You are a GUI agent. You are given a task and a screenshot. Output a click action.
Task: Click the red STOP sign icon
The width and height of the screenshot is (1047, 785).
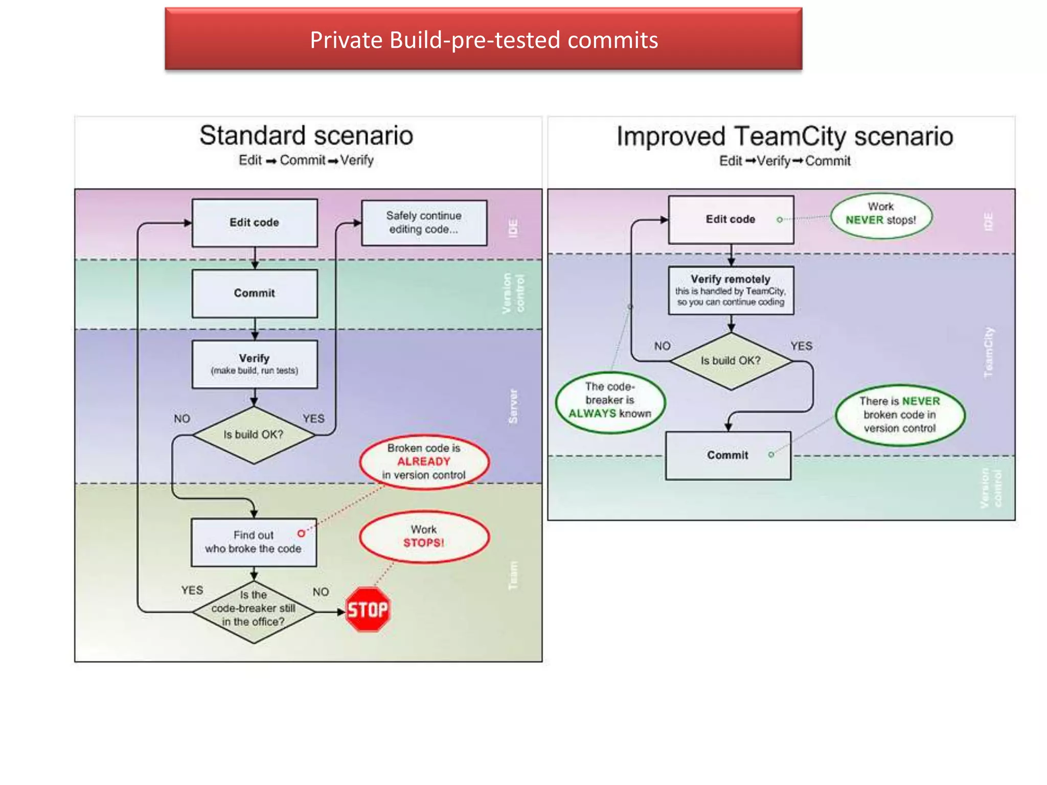pos(368,609)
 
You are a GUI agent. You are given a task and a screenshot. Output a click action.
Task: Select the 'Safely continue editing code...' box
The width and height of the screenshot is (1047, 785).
pos(424,223)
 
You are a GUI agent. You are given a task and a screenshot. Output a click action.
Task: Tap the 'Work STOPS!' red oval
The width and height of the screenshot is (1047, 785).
pos(424,537)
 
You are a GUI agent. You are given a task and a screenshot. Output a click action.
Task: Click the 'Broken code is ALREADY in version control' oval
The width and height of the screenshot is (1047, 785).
pos(424,461)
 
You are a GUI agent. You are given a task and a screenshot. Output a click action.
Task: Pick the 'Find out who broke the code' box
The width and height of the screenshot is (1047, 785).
pos(254,542)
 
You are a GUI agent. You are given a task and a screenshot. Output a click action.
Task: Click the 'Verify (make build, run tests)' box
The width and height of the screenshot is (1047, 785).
pos(255,364)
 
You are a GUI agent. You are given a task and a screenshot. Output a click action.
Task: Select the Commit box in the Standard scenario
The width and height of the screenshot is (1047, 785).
pos(255,293)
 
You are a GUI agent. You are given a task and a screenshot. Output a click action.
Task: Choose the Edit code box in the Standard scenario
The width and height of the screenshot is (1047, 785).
pos(255,223)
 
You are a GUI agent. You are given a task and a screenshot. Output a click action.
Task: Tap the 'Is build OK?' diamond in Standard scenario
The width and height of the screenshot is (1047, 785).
pos(254,435)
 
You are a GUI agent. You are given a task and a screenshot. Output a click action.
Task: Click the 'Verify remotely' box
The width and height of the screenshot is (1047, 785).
pos(731,290)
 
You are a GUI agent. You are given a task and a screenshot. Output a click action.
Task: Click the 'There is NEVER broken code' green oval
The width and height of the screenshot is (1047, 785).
pos(900,414)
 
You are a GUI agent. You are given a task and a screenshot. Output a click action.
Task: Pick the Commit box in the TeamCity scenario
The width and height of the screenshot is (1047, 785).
pos(727,455)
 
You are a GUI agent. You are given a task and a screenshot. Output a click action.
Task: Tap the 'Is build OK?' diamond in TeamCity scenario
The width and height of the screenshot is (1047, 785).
pos(731,361)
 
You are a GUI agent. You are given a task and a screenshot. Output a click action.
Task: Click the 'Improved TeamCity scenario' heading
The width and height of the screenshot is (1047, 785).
pos(785,136)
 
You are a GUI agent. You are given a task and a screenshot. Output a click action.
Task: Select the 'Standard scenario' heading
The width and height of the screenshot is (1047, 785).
pos(306,136)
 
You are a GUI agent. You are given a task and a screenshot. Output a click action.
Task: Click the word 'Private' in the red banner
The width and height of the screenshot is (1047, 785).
pos(346,40)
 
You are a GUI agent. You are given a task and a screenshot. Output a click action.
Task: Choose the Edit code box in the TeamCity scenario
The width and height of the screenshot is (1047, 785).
pos(731,219)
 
